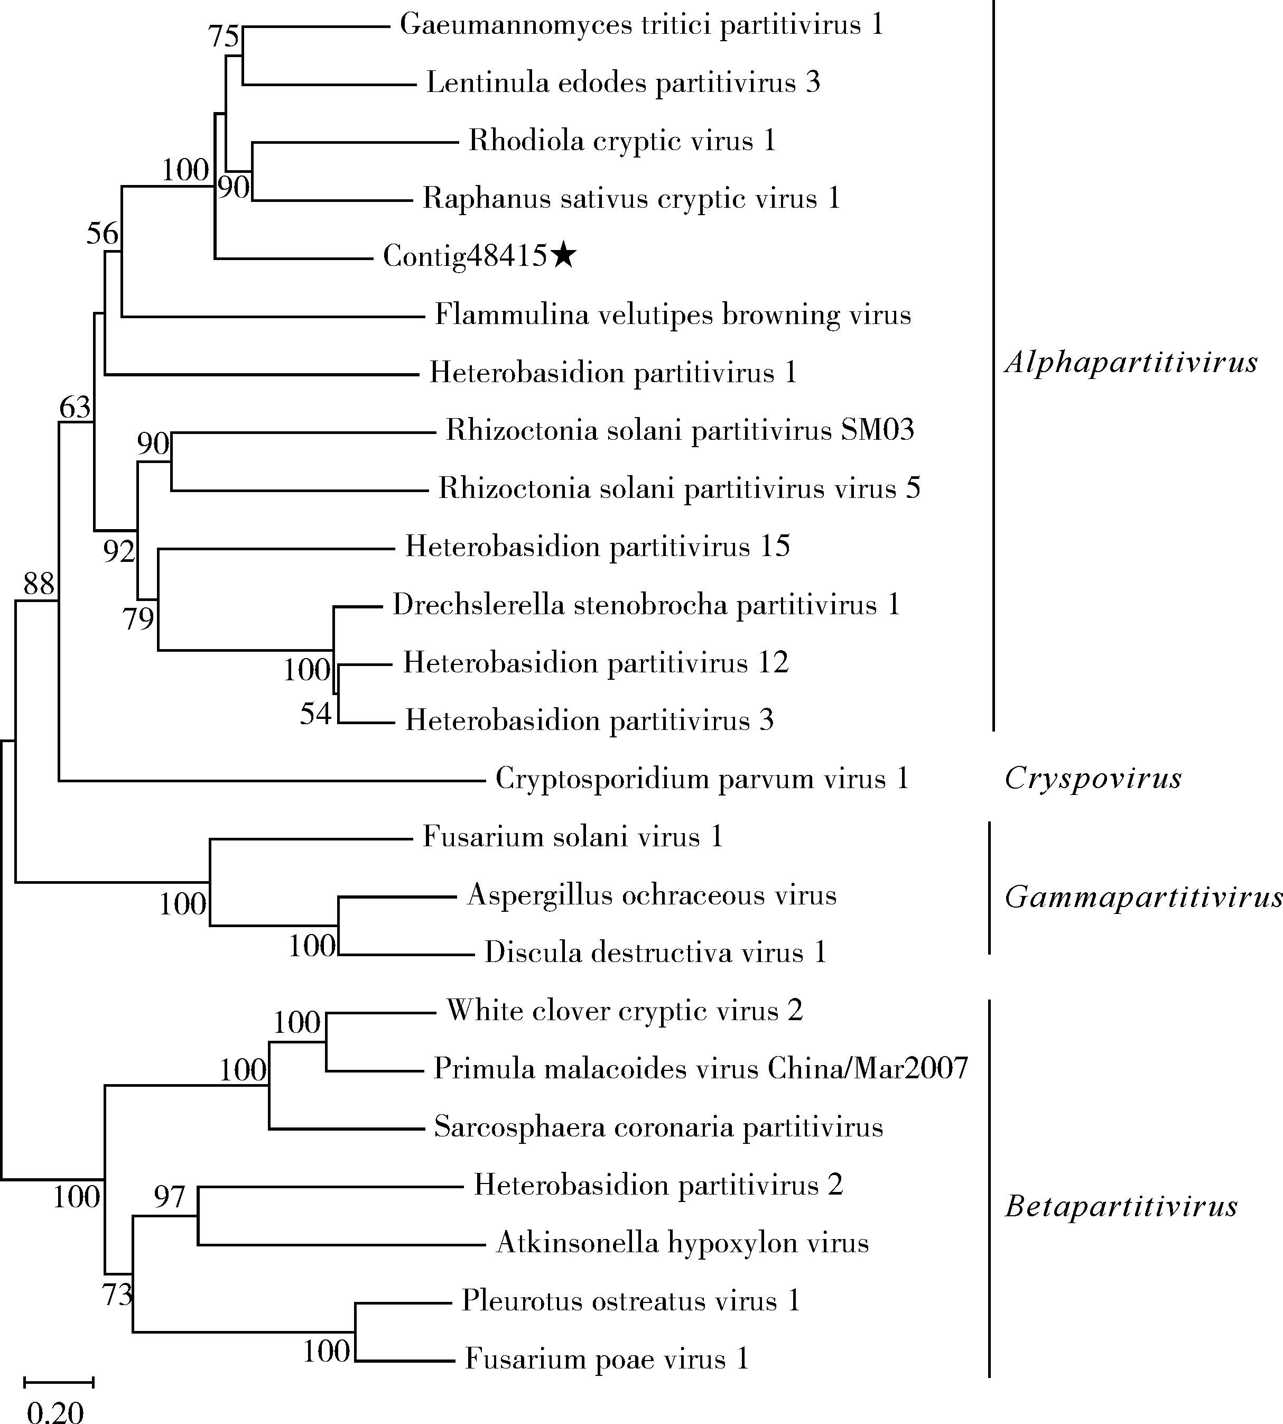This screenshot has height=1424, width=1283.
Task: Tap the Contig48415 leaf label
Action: pyautogui.click(x=464, y=256)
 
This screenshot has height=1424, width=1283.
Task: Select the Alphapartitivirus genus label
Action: pyautogui.click(x=1131, y=363)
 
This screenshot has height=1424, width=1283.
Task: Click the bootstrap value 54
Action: pyautogui.click(x=315, y=714)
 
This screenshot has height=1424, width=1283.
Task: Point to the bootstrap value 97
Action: pyautogui.click(x=169, y=1197)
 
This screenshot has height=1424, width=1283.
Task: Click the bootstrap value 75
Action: pyautogui.click(x=224, y=36)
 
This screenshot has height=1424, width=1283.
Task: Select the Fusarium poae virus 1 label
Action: pyautogui.click(x=606, y=1358)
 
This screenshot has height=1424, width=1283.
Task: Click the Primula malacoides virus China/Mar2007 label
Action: pyautogui.click(x=701, y=1069)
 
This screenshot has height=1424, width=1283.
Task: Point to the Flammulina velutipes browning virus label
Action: pyautogui.click(x=673, y=315)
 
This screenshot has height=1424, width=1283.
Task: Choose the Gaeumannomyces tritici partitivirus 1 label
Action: pyautogui.click(x=641, y=25)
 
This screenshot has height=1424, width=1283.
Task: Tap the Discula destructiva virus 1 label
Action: pyautogui.click(x=655, y=953)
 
